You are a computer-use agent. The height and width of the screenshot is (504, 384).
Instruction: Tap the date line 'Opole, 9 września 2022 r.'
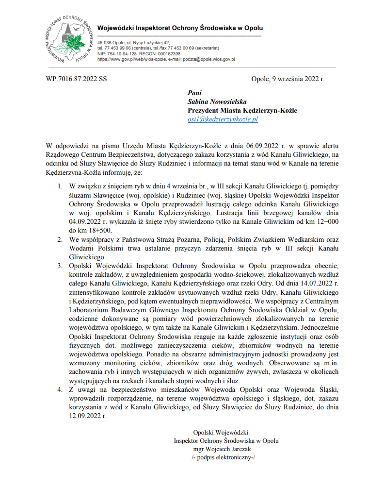point(288,79)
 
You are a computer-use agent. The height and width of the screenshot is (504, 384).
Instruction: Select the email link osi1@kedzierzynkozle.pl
point(223,119)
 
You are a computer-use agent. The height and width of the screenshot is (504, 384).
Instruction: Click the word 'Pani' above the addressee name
point(194,93)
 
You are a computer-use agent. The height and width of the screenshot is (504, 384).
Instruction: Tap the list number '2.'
point(60,240)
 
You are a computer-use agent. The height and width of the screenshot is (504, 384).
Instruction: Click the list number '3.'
point(60,267)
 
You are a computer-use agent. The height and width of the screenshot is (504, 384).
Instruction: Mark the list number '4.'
point(60,389)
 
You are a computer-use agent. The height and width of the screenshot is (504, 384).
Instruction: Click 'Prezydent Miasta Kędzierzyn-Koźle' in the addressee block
point(242,111)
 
